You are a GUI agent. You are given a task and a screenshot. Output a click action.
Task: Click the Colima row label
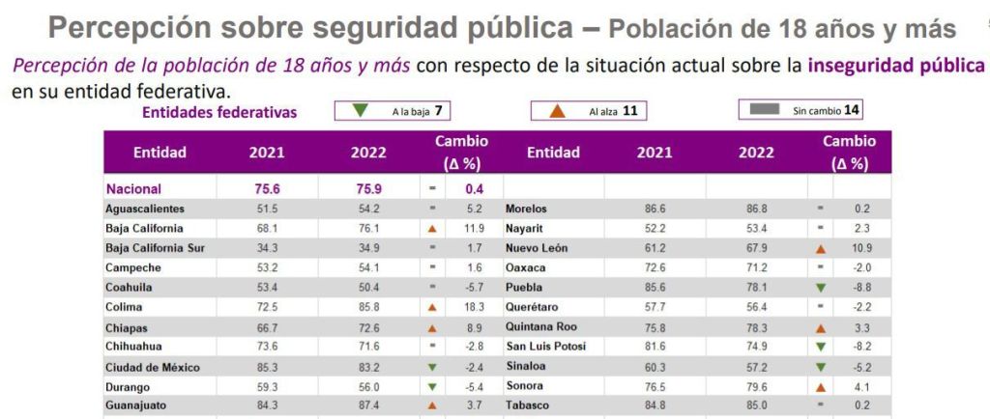point(125,307)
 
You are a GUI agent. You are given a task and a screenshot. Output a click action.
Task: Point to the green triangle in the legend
point(361,111)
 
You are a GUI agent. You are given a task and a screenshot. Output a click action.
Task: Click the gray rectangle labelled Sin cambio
point(765,110)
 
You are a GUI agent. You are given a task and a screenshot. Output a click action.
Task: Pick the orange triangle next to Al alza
point(557,111)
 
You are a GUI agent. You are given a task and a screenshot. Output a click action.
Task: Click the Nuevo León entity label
point(537,248)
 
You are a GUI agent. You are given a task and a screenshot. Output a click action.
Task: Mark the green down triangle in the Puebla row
point(820,288)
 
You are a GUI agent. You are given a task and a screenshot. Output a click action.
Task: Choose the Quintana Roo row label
point(542,326)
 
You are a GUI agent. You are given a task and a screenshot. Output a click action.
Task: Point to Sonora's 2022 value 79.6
point(756,386)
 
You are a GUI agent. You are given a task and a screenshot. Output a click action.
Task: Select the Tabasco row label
point(529,405)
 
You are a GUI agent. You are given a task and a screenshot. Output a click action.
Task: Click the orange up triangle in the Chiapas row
point(432,327)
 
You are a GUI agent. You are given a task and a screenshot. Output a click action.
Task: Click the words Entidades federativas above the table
point(219,112)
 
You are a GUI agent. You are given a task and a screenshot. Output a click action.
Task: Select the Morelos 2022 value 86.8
point(756,209)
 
